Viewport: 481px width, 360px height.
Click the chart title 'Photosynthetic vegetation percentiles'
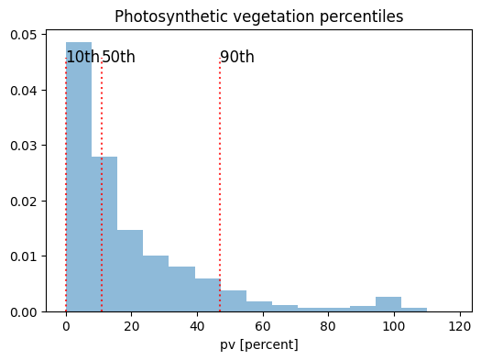[x=258, y=16]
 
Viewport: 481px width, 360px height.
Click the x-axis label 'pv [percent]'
[x=258, y=345]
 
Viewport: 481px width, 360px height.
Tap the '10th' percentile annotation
[x=82, y=58]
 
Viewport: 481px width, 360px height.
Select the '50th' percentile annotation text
[x=118, y=58]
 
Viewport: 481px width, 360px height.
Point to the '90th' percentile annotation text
[x=237, y=58]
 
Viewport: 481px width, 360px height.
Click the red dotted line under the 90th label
[x=220, y=183]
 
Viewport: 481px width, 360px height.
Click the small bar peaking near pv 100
[x=388, y=304]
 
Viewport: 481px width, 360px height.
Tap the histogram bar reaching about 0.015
[x=130, y=270]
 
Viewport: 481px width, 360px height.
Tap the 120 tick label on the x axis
[x=460, y=326]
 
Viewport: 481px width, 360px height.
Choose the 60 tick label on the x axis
[x=263, y=326]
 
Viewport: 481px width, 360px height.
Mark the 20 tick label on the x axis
[x=131, y=326]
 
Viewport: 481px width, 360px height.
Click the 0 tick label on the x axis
[x=66, y=326]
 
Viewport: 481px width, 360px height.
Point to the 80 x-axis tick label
[x=328, y=326]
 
